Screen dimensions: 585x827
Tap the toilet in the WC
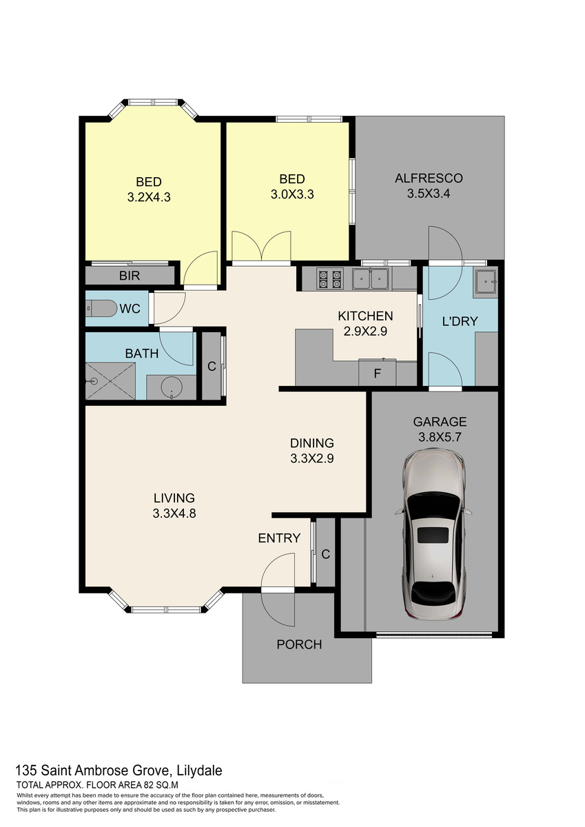click(x=101, y=308)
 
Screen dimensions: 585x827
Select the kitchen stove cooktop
click(x=330, y=280)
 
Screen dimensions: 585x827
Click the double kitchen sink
click(x=370, y=278)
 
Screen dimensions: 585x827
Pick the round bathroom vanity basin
click(x=172, y=387)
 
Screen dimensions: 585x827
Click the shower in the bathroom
click(x=110, y=380)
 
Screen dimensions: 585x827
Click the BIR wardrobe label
click(x=130, y=276)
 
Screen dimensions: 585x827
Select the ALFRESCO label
click(x=429, y=178)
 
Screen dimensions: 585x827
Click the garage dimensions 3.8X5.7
click(x=440, y=437)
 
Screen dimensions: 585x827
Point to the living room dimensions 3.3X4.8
click(x=174, y=513)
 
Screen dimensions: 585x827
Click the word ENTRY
click(x=279, y=538)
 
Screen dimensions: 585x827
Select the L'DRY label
click(x=460, y=321)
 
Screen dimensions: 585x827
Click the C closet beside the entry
click(x=325, y=554)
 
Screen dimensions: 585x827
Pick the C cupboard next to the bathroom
click(x=212, y=366)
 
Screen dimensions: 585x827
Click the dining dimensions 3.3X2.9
click(x=312, y=458)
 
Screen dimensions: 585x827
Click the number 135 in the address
click(x=26, y=770)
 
